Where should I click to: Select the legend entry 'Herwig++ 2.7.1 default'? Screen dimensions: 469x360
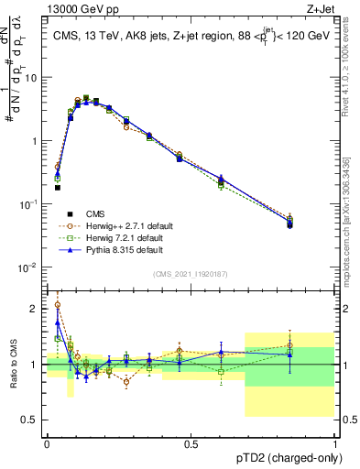coord(138,225)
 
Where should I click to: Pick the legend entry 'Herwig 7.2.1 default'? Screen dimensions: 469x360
coord(135,237)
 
